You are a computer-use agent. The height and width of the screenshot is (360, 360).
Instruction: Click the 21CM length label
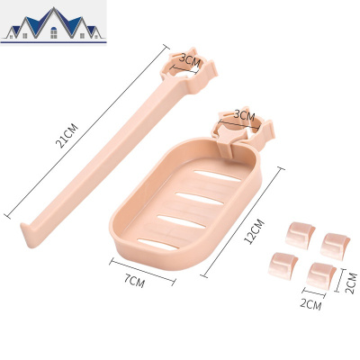67,136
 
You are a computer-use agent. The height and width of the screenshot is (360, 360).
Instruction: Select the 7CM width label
134,281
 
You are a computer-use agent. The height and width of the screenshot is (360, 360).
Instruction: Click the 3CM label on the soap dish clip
244,115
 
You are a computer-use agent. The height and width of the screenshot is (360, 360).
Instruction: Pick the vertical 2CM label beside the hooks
351,283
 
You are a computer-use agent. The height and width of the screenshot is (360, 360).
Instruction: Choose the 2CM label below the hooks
310,304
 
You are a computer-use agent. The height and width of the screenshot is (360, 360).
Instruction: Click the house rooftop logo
54,24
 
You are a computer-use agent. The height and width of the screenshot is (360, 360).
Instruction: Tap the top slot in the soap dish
217,176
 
